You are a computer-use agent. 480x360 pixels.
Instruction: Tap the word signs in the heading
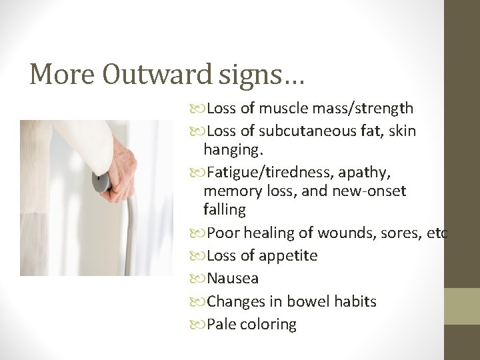[255, 75]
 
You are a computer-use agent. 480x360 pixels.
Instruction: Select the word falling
[225, 209]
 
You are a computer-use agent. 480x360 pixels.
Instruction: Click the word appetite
[289, 256]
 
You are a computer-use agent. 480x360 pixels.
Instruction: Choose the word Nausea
[233, 278]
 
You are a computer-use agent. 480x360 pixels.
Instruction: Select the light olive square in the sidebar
[462, 306]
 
